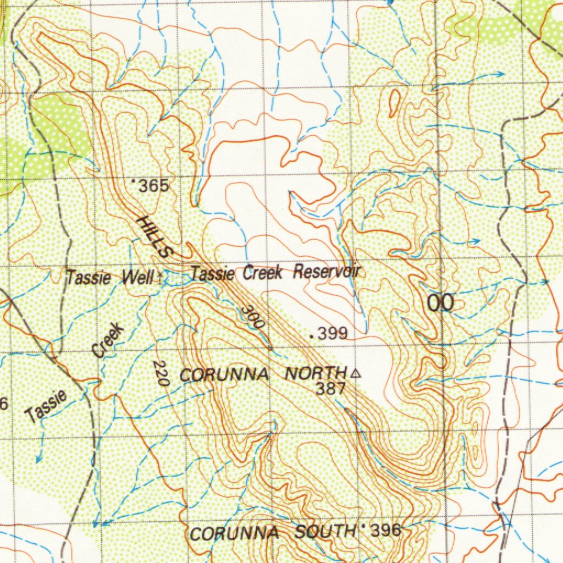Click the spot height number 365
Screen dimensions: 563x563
(153, 186)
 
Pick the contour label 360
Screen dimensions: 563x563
(253, 317)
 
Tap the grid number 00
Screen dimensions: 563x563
(441, 303)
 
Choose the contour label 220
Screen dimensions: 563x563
(161, 373)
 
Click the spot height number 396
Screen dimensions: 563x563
(386, 531)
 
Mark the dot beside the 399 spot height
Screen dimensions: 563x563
(313, 334)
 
